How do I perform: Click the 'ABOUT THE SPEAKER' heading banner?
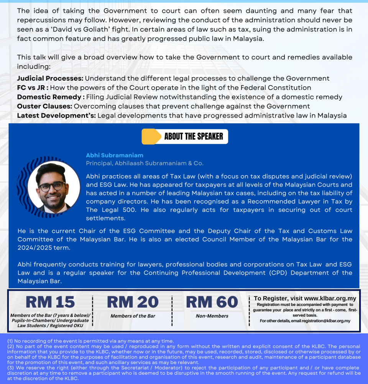coord(193,137)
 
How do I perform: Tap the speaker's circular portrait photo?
coord(54,187)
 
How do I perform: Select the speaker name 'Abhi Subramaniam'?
coord(115,155)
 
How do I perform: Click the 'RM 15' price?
coord(50,302)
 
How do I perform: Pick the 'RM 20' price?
coord(133,302)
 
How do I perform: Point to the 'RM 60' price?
coord(212,302)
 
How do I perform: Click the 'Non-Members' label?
coord(212,316)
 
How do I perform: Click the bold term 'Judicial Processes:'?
coord(50,79)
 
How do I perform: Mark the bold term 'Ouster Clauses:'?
coord(44,106)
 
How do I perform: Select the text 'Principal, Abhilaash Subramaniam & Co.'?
coord(145,163)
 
